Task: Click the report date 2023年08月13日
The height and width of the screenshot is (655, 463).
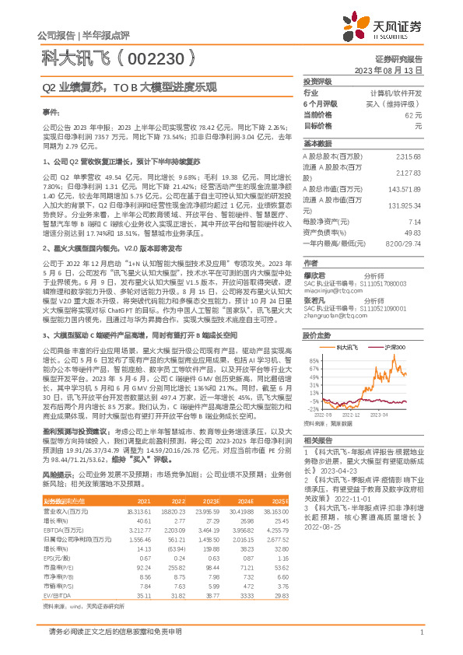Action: [x=397, y=70]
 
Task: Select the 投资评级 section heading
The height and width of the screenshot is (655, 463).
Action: [x=317, y=81]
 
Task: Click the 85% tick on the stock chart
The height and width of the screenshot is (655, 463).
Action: [x=313, y=362]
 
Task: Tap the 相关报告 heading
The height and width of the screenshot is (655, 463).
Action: [x=317, y=440]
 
